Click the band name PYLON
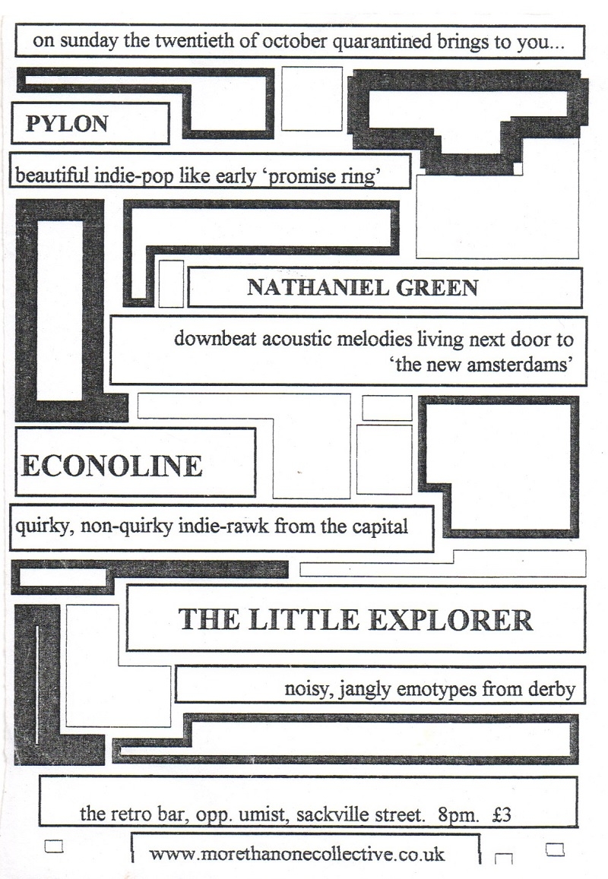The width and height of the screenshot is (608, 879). (x=67, y=123)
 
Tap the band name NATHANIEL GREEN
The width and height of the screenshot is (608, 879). (x=363, y=288)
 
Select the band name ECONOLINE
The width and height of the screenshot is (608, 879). (x=111, y=466)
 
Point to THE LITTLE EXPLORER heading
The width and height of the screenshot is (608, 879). (x=355, y=619)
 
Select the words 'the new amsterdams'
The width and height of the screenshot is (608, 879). (x=481, y=365)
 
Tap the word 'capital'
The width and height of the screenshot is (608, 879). (x=380, y=527)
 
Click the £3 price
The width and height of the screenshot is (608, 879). (x=502, y=814)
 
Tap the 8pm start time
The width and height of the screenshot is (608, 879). (x=458, y=814)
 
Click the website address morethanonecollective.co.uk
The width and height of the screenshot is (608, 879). (x=296, y=854)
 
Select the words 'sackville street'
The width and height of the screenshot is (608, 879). (x=360, y=814)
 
